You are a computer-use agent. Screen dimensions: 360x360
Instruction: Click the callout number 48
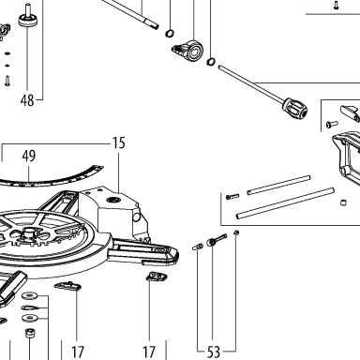point(27,100)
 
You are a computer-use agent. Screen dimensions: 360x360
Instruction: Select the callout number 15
point(119,142)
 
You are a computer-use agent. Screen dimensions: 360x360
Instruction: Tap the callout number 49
point(29,156)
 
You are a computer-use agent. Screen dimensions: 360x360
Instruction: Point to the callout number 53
point(214,352)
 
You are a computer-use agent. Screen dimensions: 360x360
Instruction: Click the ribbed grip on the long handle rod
point(295,108)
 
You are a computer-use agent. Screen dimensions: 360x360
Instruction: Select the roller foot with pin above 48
point(27,16)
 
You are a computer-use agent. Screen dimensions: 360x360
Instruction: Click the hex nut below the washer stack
point(30,333)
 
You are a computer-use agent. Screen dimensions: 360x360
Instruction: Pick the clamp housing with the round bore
point(188,50)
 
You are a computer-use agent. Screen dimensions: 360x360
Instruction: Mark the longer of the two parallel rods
point(285,202)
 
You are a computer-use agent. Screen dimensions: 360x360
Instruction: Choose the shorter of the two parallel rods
point(278,185)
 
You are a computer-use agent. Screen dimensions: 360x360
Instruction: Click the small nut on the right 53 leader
point(236,232)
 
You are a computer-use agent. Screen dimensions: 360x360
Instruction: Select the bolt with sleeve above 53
point(217,240)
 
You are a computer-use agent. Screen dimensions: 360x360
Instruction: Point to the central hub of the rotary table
point(29,232)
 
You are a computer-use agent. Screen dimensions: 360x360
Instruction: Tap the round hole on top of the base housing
point(112,200)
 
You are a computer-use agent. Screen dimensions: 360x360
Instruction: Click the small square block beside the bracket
point(343,202)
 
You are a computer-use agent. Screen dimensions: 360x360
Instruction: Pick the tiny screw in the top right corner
point(336,5)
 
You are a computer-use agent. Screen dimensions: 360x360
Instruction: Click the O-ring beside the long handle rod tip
point(211,62)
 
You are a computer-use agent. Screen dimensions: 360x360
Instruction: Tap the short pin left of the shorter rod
point(232,196)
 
